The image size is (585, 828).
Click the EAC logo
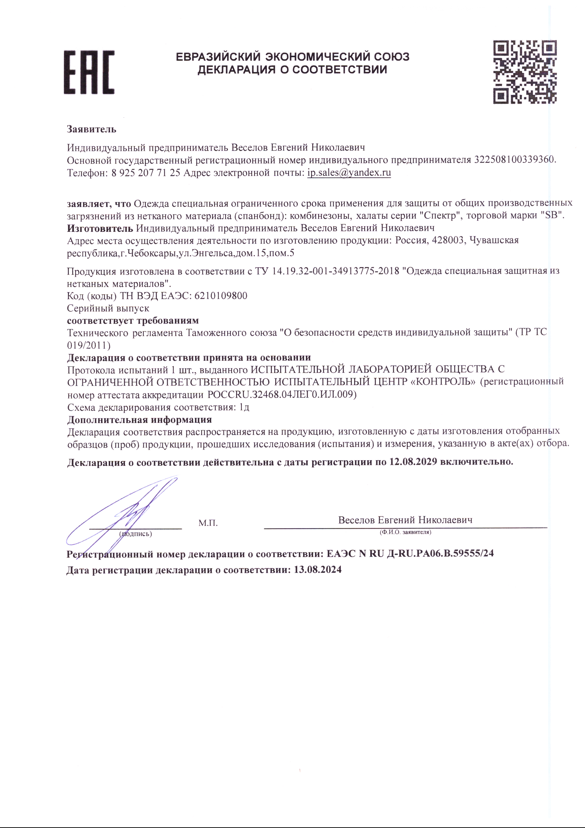tap(89, 72)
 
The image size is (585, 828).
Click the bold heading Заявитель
tap(91, 129)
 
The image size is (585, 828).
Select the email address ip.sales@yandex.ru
tap(349, 173)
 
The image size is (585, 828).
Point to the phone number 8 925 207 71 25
tap(145, 173)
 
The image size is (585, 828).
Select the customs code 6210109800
tap(221, 296)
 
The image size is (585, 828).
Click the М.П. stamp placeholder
tap(208, 523)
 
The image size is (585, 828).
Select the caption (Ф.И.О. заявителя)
tap(405, 532)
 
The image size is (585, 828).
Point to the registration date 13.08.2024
tap(318, 570)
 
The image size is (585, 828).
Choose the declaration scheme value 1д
tap(245, 408)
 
